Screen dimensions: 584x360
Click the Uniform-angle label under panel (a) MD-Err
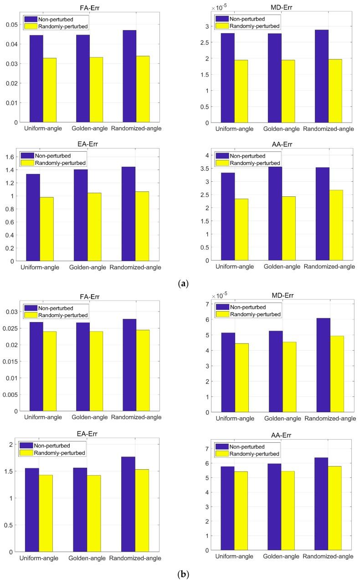(x=232, y=129)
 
